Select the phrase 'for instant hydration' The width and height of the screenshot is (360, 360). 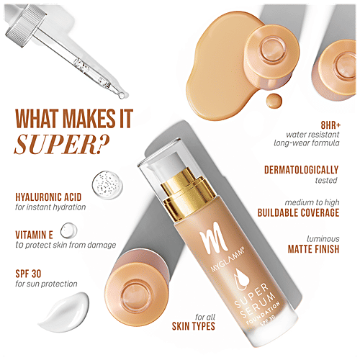click(50, 207)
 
